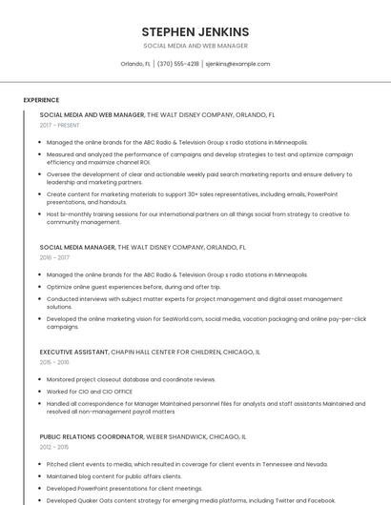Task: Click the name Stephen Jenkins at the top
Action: click(195, 31)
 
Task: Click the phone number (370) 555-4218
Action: click(178, 64)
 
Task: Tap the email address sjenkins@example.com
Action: click(237, 64)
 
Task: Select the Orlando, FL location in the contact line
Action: click(135, 64)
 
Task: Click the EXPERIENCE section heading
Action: click(41, 100)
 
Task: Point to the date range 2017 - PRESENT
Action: click(59, 125)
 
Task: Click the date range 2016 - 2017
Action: click(54, 257)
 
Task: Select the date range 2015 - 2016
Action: click(54, 362)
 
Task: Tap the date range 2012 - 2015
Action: click(54, 447)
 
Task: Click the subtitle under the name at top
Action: click(195, 46)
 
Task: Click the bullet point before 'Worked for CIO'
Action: click(40, 392)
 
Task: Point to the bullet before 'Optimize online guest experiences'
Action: click(40, 287)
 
